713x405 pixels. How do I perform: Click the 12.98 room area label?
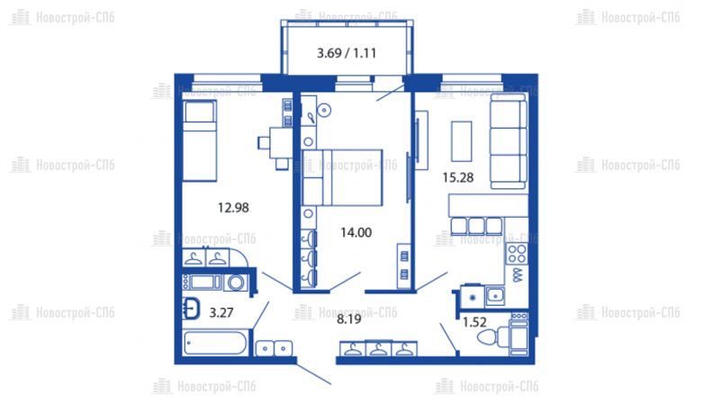tap(233, 208)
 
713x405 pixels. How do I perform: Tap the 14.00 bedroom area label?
tap(356, 233)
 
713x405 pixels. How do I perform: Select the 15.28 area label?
tap(458, 177)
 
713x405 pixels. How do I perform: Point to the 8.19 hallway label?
tap(348, 319)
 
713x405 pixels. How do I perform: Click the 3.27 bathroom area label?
tap(221, 312)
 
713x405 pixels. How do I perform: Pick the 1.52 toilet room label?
tap(474, 322)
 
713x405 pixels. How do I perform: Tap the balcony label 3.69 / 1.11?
tap(347, 53)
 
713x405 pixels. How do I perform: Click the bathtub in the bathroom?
tap(215, 343)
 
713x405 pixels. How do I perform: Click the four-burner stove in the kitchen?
tap(517, 254)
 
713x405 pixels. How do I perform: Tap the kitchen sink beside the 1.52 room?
tap(494, 296)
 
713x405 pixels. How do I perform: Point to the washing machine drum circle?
tap(236, 283)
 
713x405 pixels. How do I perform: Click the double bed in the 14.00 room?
tap(342, 177)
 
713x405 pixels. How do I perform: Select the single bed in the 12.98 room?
tap(200, 141)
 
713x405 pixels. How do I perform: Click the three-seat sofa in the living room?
tap(509, 145)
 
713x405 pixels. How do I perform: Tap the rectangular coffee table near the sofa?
tap(461, 141)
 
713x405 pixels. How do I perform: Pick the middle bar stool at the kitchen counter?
tap(476, 226)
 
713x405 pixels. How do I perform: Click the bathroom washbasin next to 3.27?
tap(192, 309)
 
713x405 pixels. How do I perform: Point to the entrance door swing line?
tap(314, 373)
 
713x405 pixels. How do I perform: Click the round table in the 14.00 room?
tap(324, 110)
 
